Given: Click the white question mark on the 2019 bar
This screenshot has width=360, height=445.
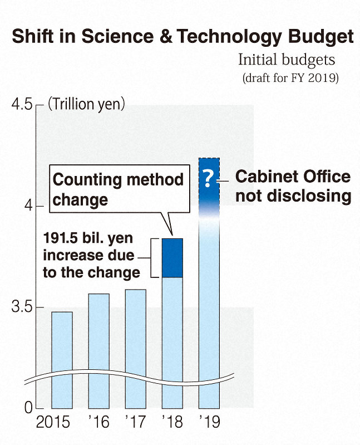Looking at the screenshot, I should pyautogui.click(x=209, y=178).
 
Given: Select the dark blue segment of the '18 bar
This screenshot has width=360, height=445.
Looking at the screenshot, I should pyautogui.click(x=172, y=258).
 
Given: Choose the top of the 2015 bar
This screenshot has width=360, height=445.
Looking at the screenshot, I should pyautogui.click(x=62, y=313).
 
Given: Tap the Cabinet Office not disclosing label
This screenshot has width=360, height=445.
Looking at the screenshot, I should pyautogui.click(x=293, y=187).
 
